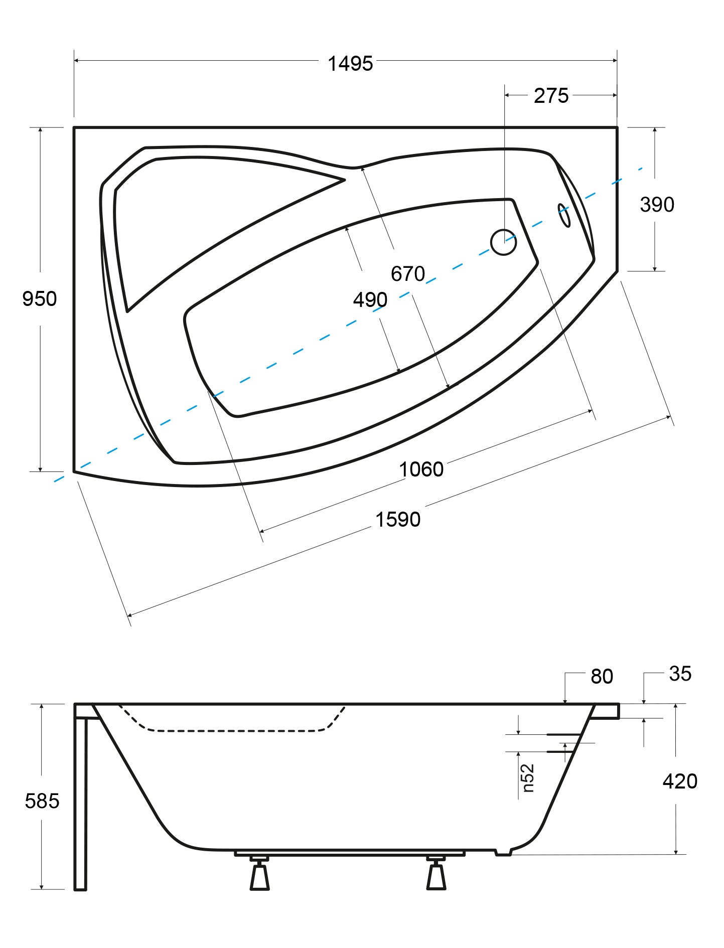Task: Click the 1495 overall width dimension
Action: [x=350, y=64]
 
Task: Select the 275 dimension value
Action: [x=551, y=95]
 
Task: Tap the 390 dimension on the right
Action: [x=657, y=205]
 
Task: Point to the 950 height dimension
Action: [x=40, y=299]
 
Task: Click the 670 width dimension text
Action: [x=408, y=274]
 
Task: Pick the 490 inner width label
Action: [x=370, y=300]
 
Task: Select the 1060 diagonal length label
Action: [x=421, y=469]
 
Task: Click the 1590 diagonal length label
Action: [x=398, y=520]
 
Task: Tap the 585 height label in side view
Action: [x=42, y=801]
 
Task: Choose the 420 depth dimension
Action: [x=680, y=781]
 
